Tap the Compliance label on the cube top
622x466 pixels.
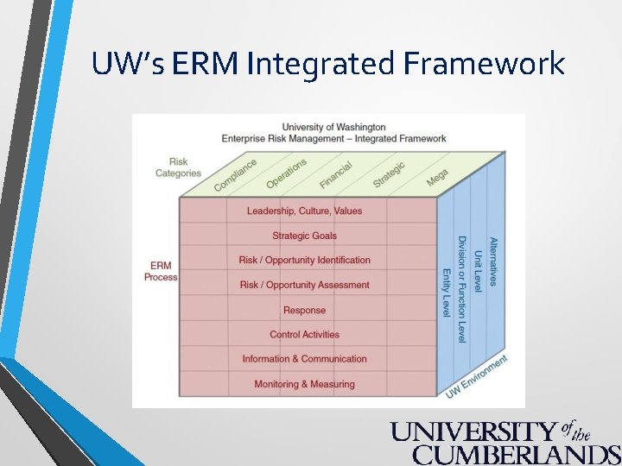tap(235, 174)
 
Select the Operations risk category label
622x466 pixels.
tap(286, 173)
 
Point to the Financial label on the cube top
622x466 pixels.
tap(335, 174)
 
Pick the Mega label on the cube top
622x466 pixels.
tap(437, 177)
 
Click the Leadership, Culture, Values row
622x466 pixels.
tap(304, 211)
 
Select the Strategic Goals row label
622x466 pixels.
tap(304, 236)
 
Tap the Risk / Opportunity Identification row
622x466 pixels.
tap(304, 260)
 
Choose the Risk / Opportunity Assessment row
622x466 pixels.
tap(304, 285)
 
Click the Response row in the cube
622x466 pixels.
tap(304, 310)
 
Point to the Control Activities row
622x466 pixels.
tap(304, 334)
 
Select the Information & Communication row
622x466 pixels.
tap(304, 359)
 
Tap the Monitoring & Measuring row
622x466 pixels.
tap(304, 384)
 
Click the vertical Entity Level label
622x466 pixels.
tap(447, 293)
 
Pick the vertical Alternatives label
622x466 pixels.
tap(493, 261)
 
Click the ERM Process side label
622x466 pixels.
tap(161, 271)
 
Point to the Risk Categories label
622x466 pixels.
tap(178, 167)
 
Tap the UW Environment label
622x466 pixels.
tap(476, 376)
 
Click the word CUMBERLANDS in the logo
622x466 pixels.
tap(517, 454)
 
